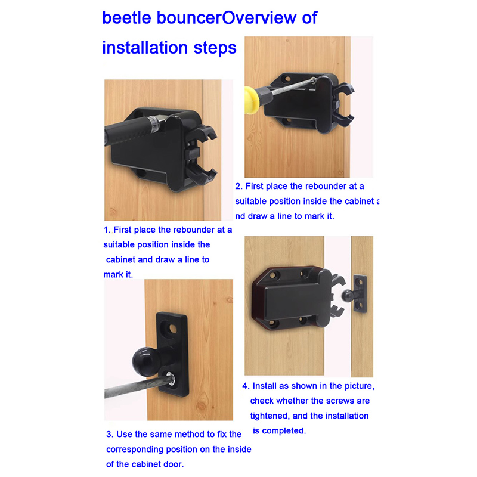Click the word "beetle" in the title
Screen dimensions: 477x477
pos(126,18)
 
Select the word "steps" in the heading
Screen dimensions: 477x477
pos(215,48)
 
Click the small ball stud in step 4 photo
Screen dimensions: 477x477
pos(348,296)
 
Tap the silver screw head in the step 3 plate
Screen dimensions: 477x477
pos(171,379)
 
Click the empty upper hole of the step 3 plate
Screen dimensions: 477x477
pos(172,329)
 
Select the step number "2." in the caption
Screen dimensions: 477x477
pos(239,186)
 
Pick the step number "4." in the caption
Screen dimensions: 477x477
pos(246,386)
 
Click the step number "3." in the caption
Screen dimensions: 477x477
pos(110,434)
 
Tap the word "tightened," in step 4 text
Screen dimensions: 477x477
pos(270,416)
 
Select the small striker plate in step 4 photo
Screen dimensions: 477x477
pos(360,294)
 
